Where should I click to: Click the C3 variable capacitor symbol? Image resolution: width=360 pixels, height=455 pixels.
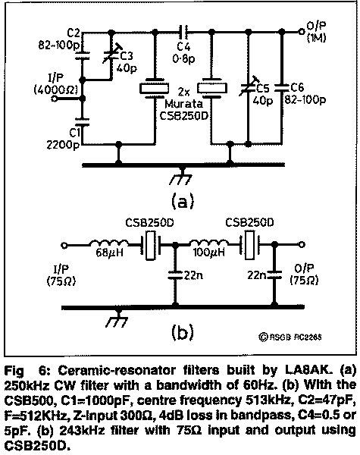click(111, 54)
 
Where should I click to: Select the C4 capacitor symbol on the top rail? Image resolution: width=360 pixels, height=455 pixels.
click(183, 31)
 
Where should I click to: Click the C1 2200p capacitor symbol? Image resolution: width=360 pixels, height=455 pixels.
click(83, 122)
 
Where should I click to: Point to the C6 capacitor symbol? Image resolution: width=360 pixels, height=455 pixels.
click(281, 87)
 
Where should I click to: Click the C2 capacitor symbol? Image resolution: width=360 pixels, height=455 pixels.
click(83, 55)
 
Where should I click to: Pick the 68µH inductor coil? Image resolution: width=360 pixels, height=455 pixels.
click(108, 244)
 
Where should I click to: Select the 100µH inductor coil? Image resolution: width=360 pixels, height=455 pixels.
click(208, 244)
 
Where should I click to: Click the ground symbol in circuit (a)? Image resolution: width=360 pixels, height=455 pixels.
click(182, 177)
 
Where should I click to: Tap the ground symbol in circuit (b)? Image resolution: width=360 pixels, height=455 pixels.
click(117, 318)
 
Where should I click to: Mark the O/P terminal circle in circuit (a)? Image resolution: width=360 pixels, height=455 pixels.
click(302, 31)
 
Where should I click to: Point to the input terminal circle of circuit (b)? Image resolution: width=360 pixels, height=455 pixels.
click(64, 245)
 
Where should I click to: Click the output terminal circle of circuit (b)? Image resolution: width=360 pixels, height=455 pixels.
click(302, 244)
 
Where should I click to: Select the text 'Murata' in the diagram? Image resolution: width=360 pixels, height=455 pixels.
click(184, 104)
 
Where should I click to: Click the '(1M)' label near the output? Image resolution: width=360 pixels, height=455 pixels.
click(317, 38)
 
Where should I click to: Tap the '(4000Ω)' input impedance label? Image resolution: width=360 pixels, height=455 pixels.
click(56, 90)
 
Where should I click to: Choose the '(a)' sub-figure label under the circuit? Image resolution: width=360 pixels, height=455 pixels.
click(183, 201)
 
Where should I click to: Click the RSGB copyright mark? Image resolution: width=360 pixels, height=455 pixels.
click(290, 337)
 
